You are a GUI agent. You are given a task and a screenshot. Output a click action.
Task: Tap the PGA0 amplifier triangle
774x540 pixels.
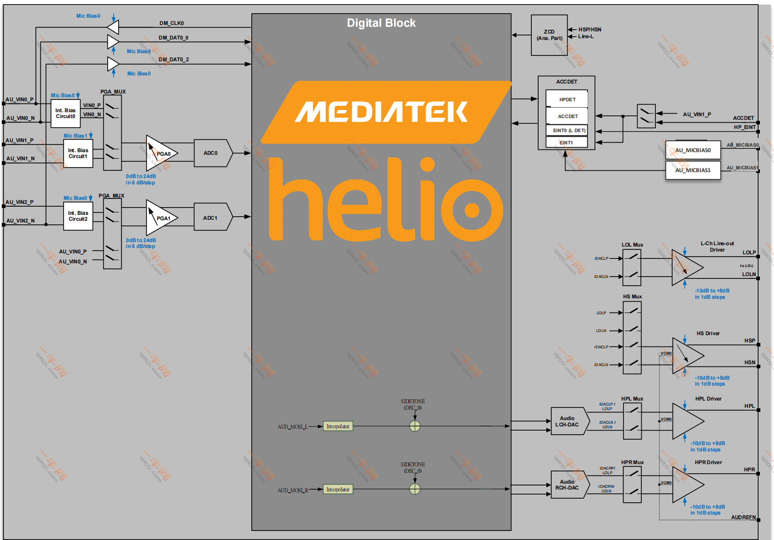pos(160,154)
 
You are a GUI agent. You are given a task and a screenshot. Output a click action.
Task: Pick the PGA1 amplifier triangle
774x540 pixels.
pos(160,218)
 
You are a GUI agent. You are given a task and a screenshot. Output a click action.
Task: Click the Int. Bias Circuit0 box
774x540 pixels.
pos(65,114)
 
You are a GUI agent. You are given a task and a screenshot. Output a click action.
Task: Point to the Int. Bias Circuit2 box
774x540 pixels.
pos(78,216)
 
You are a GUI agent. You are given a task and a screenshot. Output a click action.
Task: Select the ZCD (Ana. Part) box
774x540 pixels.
pos(549,35)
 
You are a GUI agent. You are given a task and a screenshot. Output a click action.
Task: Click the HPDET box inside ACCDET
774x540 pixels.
pos(567,99)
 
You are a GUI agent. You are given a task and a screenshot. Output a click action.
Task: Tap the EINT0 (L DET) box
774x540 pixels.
pos(567,130)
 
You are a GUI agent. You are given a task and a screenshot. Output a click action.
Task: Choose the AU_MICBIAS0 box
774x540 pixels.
pos(693,150)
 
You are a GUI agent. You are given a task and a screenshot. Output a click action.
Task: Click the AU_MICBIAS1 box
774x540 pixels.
pos(693,170)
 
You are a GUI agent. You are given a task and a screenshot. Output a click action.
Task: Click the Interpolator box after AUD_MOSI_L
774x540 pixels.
pos(338,426)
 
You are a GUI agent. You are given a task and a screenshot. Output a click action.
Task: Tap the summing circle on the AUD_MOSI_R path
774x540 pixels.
pos(415,489)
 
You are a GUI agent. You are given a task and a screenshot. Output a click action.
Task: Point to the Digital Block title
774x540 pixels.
pos(381,23)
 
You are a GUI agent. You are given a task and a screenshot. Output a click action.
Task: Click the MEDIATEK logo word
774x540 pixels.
pos(382,112)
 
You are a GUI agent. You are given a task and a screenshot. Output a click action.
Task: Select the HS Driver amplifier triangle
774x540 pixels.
pos(687,356)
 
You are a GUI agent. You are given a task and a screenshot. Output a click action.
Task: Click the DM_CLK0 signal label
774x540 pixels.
pos(171,23)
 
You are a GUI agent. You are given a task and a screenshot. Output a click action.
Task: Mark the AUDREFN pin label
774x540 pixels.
pos(743,517)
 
